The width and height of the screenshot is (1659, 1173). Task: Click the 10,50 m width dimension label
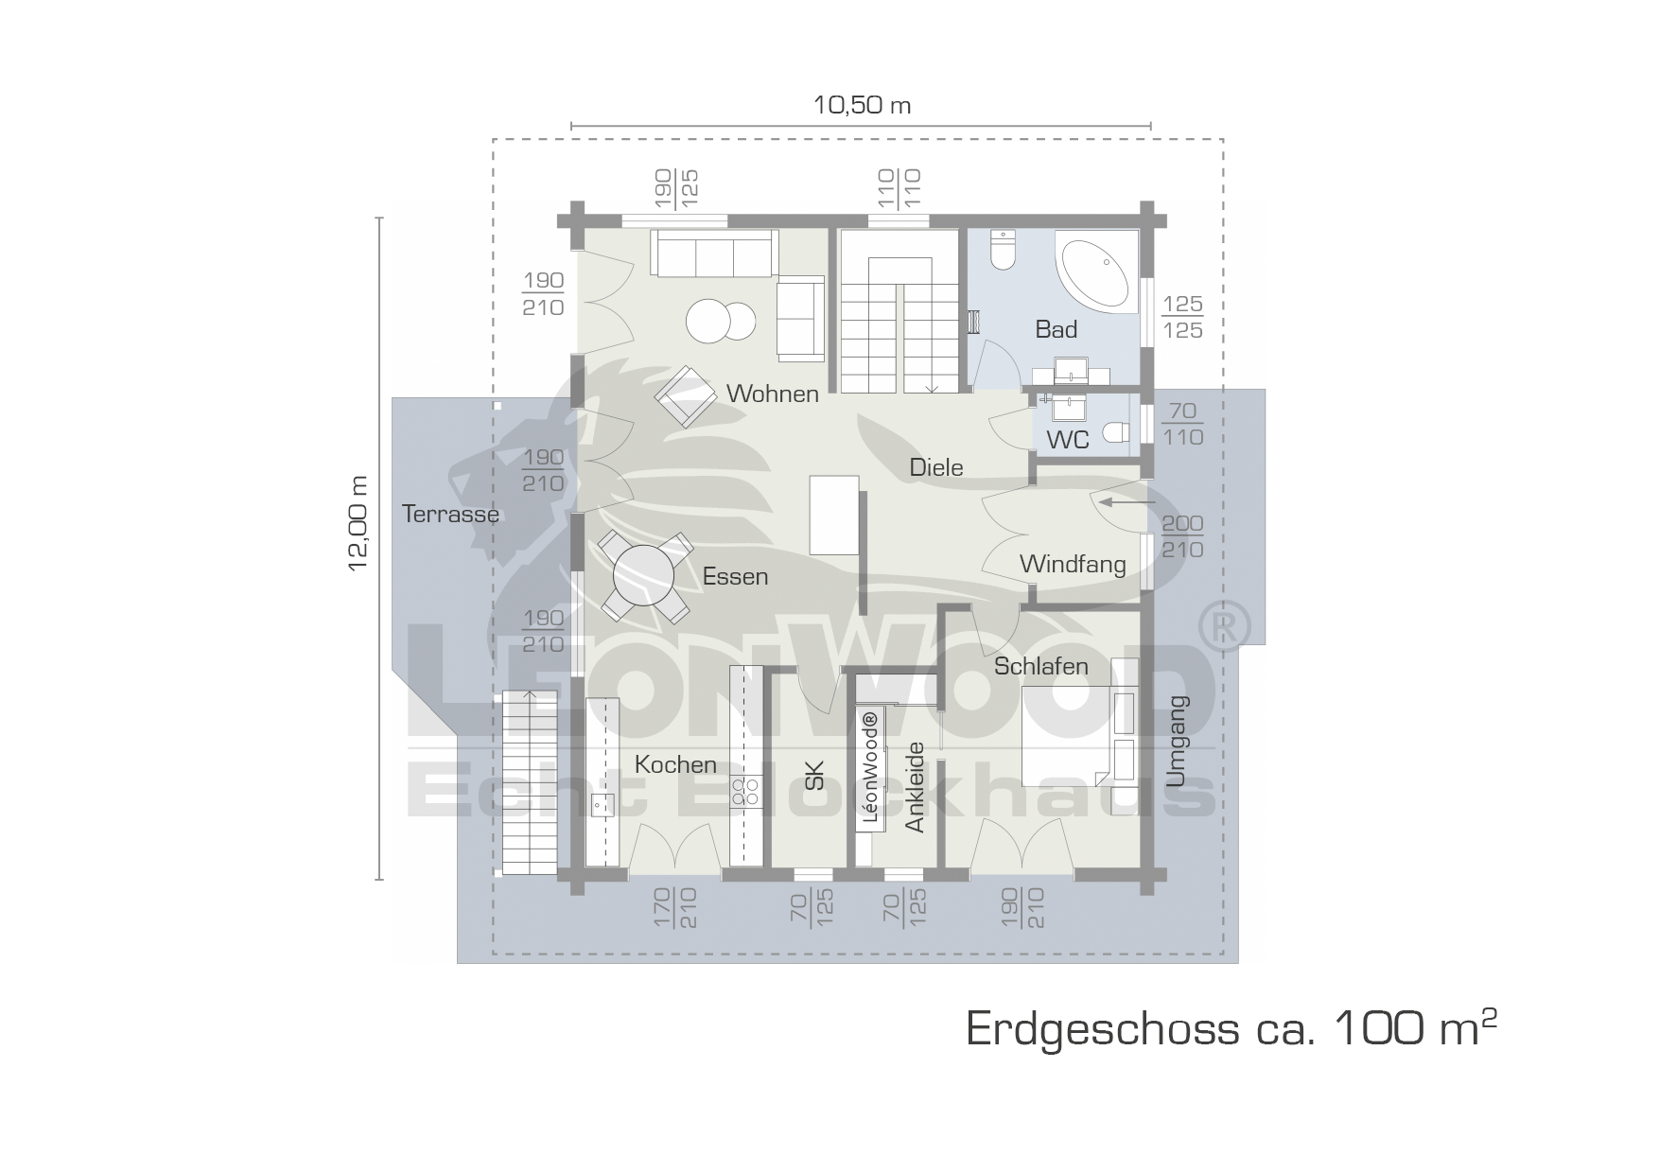862,104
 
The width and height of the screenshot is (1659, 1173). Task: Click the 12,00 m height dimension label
358,523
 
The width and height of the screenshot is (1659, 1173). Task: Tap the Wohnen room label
773,394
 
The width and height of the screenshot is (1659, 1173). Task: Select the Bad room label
1056,329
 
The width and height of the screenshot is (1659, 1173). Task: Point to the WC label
1068,440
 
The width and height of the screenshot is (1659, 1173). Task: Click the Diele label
936,467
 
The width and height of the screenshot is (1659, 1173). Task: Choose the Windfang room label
1073,565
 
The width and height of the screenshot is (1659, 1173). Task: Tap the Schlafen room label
1041,666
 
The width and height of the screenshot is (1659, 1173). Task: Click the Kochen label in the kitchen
675,764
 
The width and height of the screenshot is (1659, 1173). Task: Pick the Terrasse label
450,514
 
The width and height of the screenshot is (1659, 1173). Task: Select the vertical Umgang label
1176,742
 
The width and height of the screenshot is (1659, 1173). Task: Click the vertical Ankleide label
914,787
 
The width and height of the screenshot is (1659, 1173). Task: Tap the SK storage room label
814,776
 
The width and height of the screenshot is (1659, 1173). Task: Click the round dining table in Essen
643,576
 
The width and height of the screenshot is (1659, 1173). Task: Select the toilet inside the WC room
1116,432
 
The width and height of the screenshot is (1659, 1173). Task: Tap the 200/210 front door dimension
1182,536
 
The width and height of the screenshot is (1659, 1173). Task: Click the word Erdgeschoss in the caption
1102,1029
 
